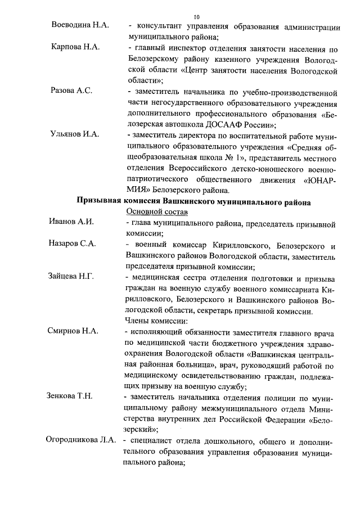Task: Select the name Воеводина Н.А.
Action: tap(80, 27)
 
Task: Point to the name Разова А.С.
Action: tap(71, 90)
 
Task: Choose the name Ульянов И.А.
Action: tap(75, 134)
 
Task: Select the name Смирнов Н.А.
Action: tap(74, 331)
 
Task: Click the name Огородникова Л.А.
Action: tap(81, 440)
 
